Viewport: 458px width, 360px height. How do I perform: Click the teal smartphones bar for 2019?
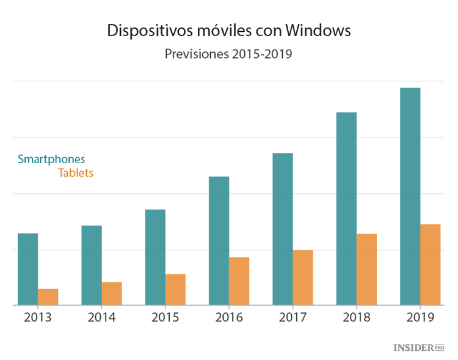pos(410,196)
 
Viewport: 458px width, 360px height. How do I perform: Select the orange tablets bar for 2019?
pos(430,265)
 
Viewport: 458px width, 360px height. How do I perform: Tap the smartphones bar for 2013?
pos(27,269)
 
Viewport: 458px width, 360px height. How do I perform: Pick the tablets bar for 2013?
pos(48,297)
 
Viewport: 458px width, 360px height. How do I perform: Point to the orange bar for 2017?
pos(303,277)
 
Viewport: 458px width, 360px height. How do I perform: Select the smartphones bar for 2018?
pos(346,208)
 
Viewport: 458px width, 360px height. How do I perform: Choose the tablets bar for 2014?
pos(112,293)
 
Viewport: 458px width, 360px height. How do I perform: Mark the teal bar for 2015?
pos(155,257)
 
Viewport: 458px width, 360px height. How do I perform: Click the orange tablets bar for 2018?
pos(366,269)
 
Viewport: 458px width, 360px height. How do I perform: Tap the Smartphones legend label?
pos(51,159)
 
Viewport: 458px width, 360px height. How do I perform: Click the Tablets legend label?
pos(76,173)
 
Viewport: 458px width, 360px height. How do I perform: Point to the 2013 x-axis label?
pos(38,318)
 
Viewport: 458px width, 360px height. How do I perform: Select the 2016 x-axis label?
pos(229,318)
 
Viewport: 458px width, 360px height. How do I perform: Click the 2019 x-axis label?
pos(420,318)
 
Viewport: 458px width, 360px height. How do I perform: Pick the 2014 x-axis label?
pos(102,318)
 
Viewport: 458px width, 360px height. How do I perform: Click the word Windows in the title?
pos(318,31)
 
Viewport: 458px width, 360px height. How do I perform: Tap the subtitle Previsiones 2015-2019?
pos(228,54)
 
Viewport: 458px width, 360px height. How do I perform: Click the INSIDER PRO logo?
pos(418,347)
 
